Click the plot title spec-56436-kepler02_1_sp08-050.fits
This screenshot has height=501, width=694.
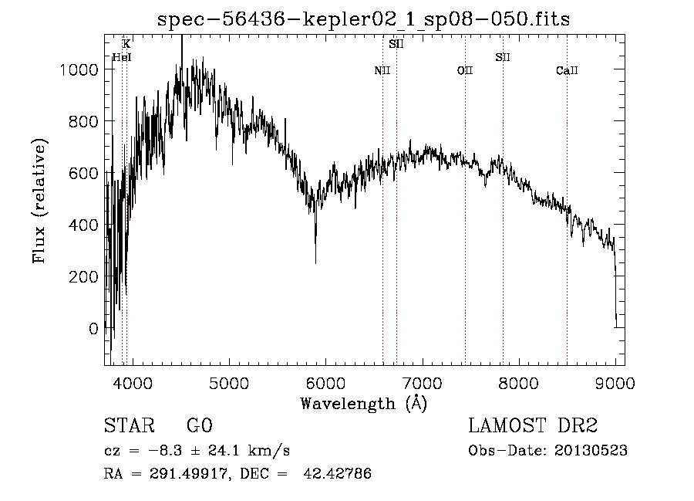(363, 19)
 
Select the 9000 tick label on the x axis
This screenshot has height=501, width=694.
(615, 382)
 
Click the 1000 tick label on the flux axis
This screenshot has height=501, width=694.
(79, 69)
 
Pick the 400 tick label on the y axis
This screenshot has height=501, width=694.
(85, 225)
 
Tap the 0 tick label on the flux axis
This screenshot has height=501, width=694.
(93, 328)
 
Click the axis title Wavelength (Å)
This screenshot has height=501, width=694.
(363, 403)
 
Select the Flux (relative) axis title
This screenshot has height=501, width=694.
(39, 201)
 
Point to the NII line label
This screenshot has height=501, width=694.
(382, 71)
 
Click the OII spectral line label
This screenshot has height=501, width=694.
(464, 71)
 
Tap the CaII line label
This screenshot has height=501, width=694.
(567, 71)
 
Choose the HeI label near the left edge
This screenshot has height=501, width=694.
(122, 57)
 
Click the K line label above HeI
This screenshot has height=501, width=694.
(126, 44)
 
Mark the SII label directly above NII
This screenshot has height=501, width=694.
(396, 44)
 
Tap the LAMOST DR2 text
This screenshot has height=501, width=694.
(532, 426)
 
